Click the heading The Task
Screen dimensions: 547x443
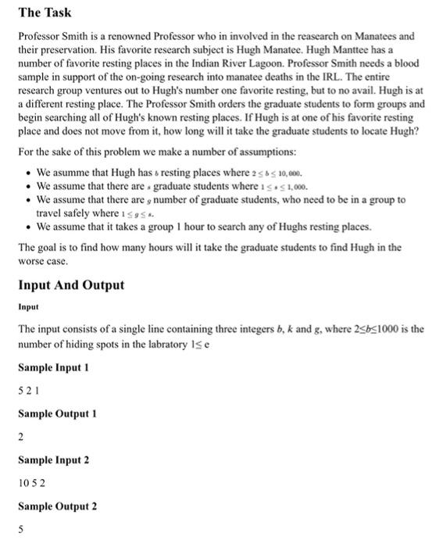[45, 13]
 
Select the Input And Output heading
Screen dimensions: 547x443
[71, 284]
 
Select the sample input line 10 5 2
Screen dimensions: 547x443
[32, 482]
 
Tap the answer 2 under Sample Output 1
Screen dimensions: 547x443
[21, 436]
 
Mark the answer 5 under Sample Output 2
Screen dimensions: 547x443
[21, 528]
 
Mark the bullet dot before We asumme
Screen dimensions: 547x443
[28, 173]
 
